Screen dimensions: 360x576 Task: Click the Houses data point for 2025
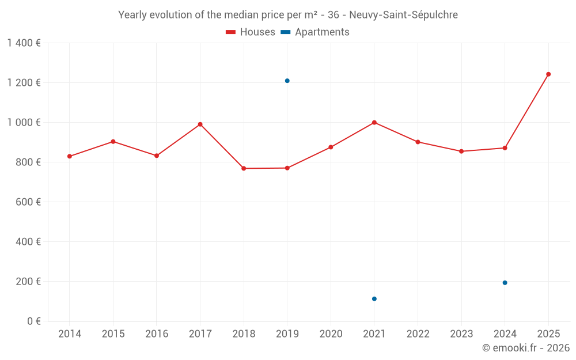(x=548, y=74)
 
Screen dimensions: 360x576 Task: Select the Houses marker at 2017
(x=200, y=124)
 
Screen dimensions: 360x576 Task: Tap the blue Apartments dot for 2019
(x=287, y=81)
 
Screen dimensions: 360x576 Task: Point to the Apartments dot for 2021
(x=374, y=299)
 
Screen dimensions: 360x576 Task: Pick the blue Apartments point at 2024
(x=505, y=283)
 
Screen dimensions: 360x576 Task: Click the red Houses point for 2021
(x=374, y=123)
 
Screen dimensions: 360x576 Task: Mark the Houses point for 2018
(x=244, y=168)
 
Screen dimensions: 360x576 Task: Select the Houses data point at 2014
(x=70, y=157)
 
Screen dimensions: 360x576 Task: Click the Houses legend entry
(x=251, y=32)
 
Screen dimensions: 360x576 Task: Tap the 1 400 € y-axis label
(x=24, y=43)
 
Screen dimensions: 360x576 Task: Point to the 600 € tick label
(x=28, y=202)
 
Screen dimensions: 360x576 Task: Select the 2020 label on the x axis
(x=331, y=334)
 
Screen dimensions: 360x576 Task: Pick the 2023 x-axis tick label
(x=461, y=334)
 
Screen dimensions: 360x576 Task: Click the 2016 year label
(x=157, y=334)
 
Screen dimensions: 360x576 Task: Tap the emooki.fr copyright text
(x=525, y=348)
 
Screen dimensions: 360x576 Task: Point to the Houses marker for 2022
(x=418, y=142)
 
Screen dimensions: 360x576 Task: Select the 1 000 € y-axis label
(x=24, y=123)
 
